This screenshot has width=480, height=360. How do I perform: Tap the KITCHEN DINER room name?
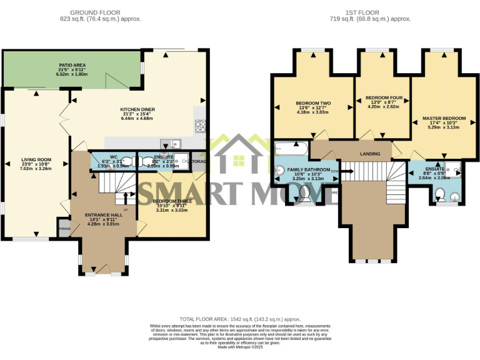[137, 109]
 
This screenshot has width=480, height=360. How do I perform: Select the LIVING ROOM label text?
[36, 159]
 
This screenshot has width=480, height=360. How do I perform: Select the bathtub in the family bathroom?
[291, 149]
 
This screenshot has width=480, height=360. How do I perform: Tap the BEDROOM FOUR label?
[382, 97]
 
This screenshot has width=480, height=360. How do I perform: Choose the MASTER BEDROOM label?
[444, 118]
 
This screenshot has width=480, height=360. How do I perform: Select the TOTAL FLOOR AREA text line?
[240, 319]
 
